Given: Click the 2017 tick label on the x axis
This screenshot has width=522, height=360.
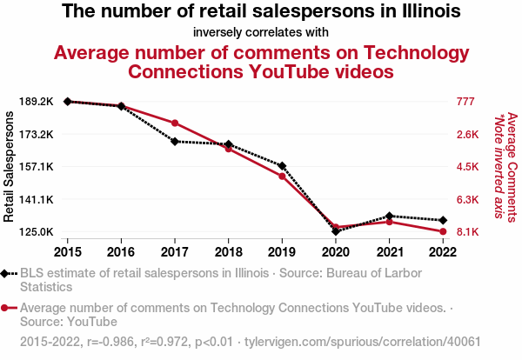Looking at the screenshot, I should pos(175,251).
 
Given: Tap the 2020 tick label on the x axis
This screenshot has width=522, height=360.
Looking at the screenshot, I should pos(335,251).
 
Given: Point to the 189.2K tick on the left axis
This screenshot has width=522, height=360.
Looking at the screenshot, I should pos(36,102).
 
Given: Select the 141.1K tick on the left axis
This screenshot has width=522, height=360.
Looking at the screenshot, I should pos(36,200).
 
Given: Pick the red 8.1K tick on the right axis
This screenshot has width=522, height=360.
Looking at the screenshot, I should pos(468,232).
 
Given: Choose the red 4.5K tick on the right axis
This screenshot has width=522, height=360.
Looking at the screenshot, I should pos(468,167).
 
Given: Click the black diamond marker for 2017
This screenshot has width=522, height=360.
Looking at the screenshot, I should pos(175,141).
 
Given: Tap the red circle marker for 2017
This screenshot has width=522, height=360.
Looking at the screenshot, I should pos(175,123).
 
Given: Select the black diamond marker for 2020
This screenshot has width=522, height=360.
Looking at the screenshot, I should pos(335,231).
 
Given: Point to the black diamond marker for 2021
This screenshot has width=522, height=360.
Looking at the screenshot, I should pos(389,216).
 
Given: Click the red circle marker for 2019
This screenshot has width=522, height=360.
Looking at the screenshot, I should pos(282,176).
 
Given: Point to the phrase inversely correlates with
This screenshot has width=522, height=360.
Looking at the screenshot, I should pos(261,32).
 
